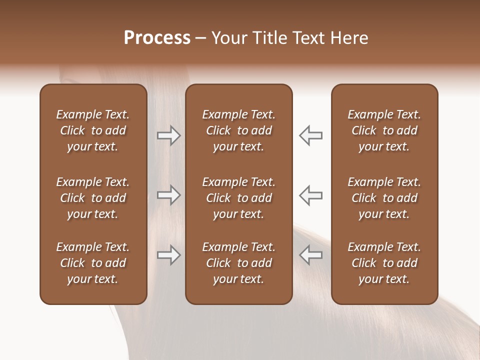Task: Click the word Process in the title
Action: pos(157,38)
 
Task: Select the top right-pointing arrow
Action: pos(168,135)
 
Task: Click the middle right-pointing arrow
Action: pos(168,195)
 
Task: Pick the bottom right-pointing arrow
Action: pos(168,255)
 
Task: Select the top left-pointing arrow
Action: pos(310,135)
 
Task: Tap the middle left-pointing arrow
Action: pos(310,195)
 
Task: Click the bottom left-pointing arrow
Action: pos(310,255)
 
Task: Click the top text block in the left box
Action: pos(93,130)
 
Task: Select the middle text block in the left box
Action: pos(93,198)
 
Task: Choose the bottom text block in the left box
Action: pos(93,263)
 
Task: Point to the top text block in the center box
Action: pos(239,130)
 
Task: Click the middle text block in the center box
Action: pos(239,198)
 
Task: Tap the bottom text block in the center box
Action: pos(239,263)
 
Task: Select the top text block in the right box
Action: pos(384,130)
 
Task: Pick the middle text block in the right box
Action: pos(384,198)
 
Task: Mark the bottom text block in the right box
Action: pos(384,263)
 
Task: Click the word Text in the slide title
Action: pos(307,38)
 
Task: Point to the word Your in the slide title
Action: pos(228,38)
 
